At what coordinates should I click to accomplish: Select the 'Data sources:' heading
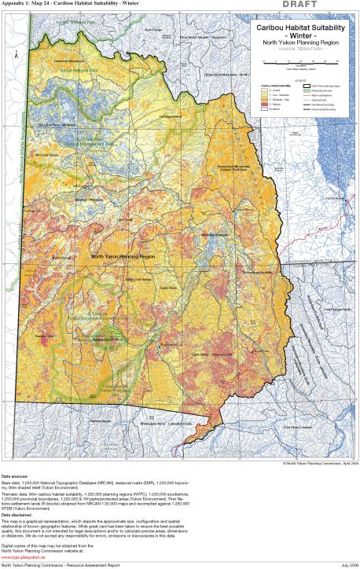coord(19,476)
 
